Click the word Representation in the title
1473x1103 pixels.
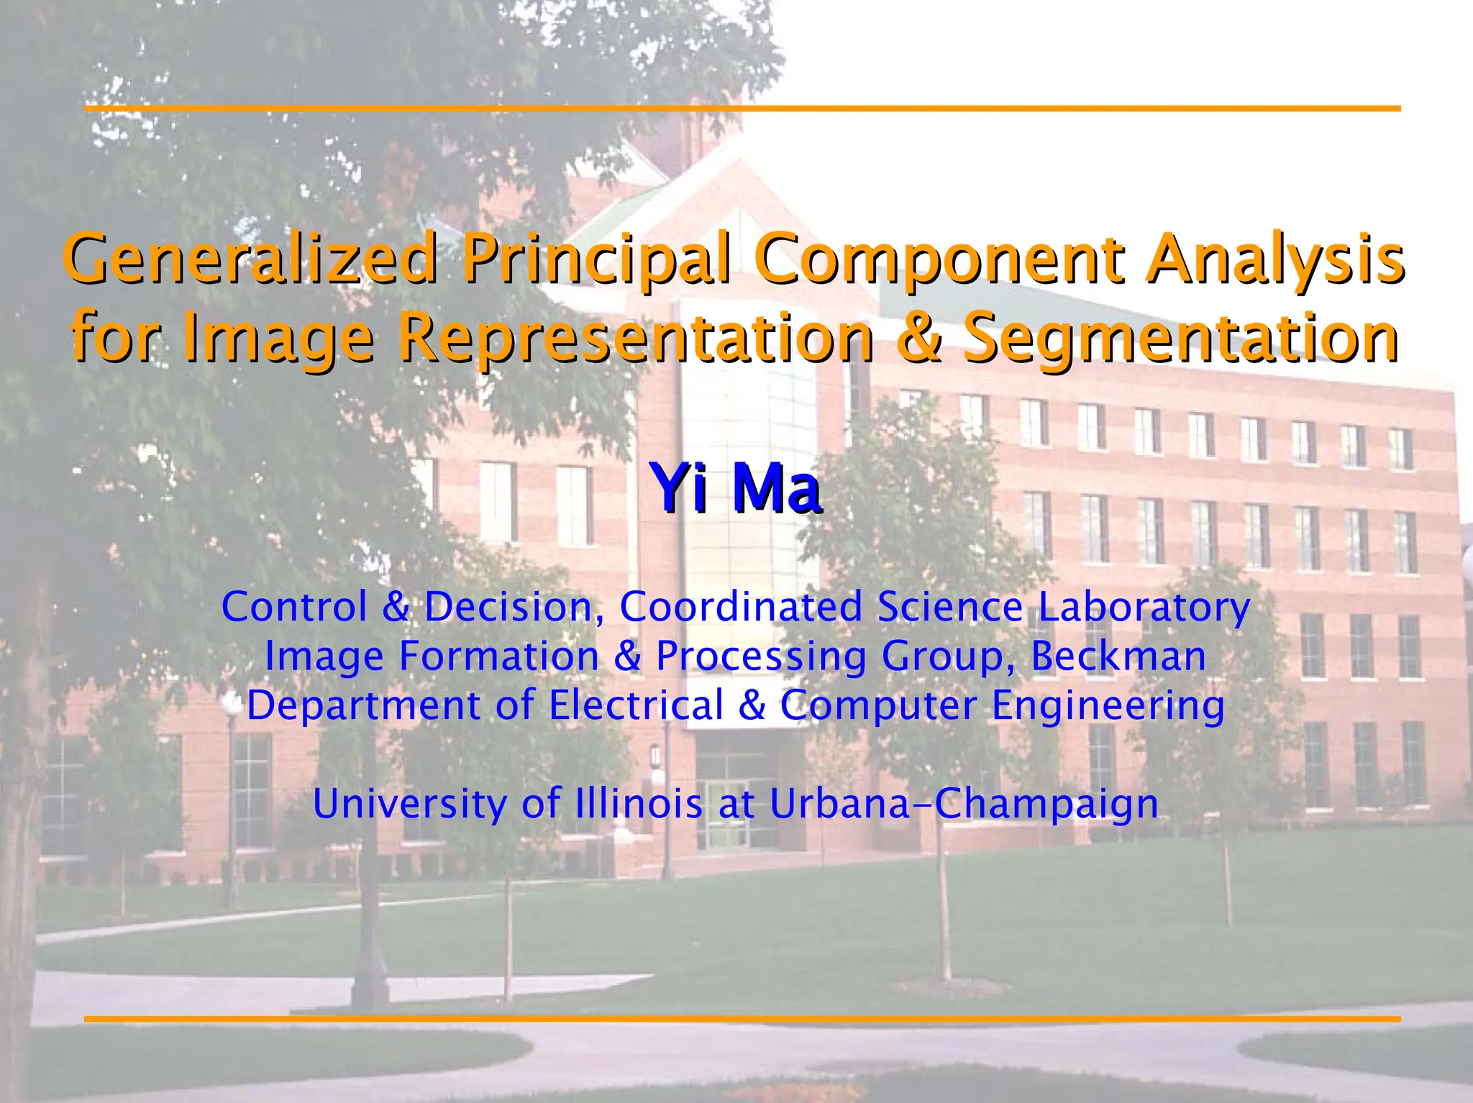tap(636, 338)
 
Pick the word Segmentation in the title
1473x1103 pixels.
tap(1180, 338)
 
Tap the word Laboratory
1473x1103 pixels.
tap(1144, 607)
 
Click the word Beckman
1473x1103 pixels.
tap(1118, 656)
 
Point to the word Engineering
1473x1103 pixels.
tap(1108, 706)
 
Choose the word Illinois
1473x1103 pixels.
tap(639, 803)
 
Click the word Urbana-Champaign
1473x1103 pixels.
tap(964, 803)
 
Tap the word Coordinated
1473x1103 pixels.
tap(741, 607)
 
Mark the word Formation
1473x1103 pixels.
tap(498, 656)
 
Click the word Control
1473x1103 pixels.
tap(294, 607)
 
